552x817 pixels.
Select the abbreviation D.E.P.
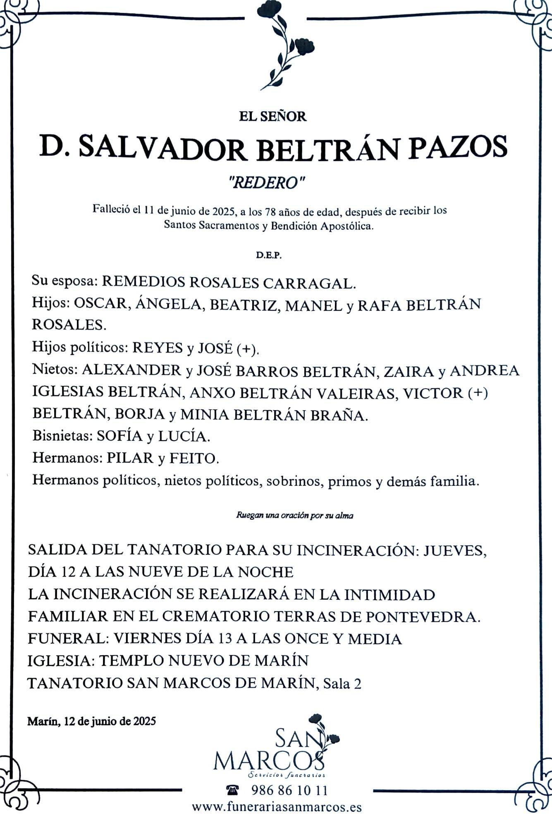pyautogui.click(x=269, y=256)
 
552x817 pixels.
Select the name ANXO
pyautogui.click(x=212, y=392)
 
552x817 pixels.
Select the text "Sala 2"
pyautogui.click(x=342, y=683)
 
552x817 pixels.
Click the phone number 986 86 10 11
pyautogui.click(x=289, y=791)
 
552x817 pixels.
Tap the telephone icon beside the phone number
pyautogui.click(x=233, y=791)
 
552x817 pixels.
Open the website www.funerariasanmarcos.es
pyautogui.click(x=277, y=807)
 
